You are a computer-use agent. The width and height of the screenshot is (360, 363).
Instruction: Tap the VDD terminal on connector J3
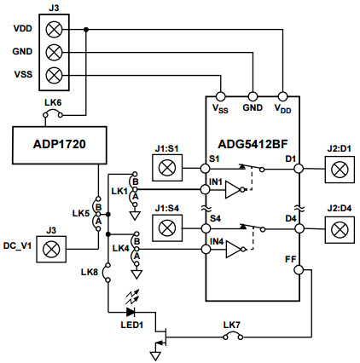(56, 29)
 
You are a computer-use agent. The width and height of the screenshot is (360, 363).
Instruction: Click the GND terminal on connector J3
(56, 51)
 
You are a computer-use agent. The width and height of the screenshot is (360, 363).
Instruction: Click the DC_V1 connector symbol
(51, 250)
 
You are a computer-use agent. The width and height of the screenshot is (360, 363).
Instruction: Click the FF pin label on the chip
(290, 255)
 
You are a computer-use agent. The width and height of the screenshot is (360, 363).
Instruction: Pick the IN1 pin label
(217, 181)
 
